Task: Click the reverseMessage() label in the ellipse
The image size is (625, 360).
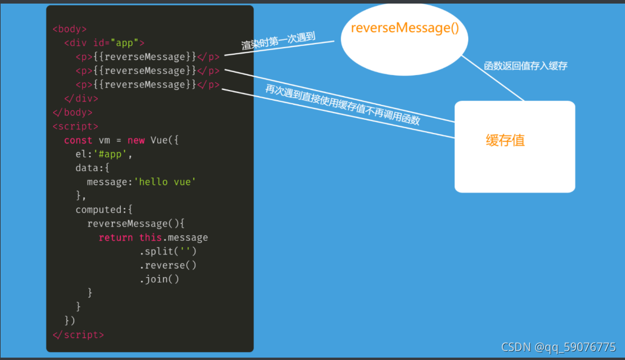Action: (405, 28)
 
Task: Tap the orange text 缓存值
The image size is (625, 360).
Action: (505, 141)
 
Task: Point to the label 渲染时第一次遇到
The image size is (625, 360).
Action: (278, 41)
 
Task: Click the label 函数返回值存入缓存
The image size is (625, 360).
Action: (526, 66)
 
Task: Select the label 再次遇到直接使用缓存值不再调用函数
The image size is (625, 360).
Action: (343, 104)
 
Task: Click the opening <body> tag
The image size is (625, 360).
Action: (70, 29)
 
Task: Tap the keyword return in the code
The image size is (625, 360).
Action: (116, 237)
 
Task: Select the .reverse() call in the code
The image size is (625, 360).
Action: (168, 265)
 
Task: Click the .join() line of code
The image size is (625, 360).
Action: (159, 279)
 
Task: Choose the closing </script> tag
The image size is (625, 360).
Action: (78, 335)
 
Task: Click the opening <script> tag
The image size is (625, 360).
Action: (75, 126)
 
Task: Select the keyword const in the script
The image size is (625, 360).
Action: (78, 140)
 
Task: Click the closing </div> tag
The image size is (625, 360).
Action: (81, 98)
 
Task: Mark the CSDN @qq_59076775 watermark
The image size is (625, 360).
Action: (558, 347)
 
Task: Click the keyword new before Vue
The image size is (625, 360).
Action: (136, 140)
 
